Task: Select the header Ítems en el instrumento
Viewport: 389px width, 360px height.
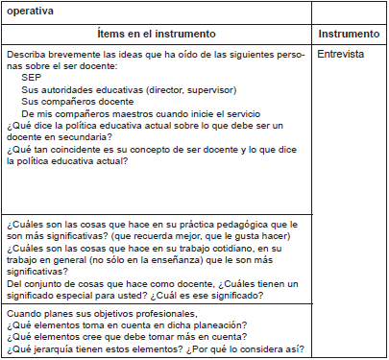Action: point(158,34)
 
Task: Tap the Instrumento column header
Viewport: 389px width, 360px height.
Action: point(352,34)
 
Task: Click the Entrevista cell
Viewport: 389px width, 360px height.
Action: point(341,55)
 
